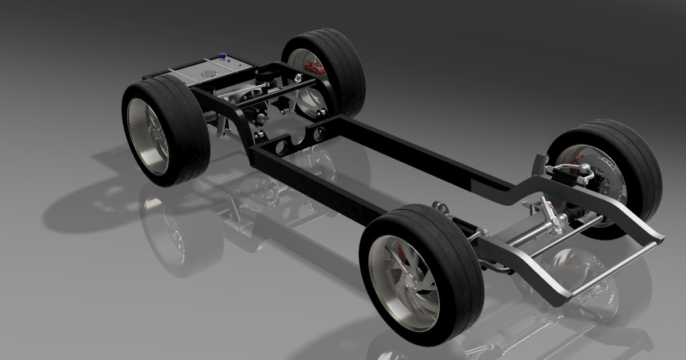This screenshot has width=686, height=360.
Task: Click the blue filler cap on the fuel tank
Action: (223, 55)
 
